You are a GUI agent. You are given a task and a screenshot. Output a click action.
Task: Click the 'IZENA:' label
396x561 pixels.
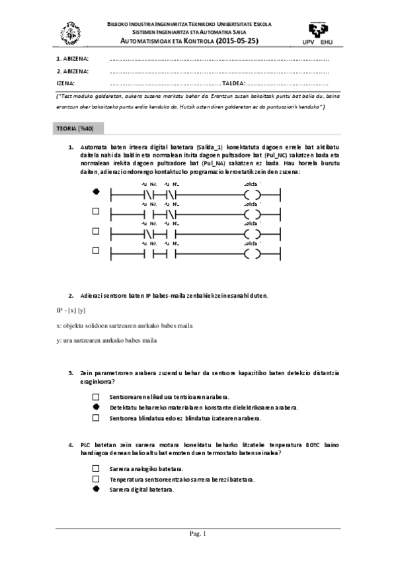(x=65, y=83)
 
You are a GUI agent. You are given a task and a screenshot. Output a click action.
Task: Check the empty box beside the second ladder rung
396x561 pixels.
(x=96, y=212)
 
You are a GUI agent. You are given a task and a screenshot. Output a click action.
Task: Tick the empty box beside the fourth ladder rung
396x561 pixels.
(x=96, y=250)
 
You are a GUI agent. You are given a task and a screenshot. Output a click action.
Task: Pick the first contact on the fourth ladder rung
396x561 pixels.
(x=149, y=254)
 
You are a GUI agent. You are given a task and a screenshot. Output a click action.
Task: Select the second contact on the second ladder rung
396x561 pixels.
(x=172, y=216)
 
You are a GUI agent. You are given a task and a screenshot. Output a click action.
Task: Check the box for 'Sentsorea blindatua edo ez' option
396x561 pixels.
(x=96, y=417)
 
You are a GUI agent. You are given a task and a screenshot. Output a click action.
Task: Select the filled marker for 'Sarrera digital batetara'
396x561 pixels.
(x=96, y=489)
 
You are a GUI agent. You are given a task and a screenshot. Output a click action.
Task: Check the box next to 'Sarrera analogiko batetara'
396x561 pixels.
(x=96, y=468)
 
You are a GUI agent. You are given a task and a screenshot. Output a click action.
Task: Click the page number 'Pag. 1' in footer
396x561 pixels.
(x=198, y=533)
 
